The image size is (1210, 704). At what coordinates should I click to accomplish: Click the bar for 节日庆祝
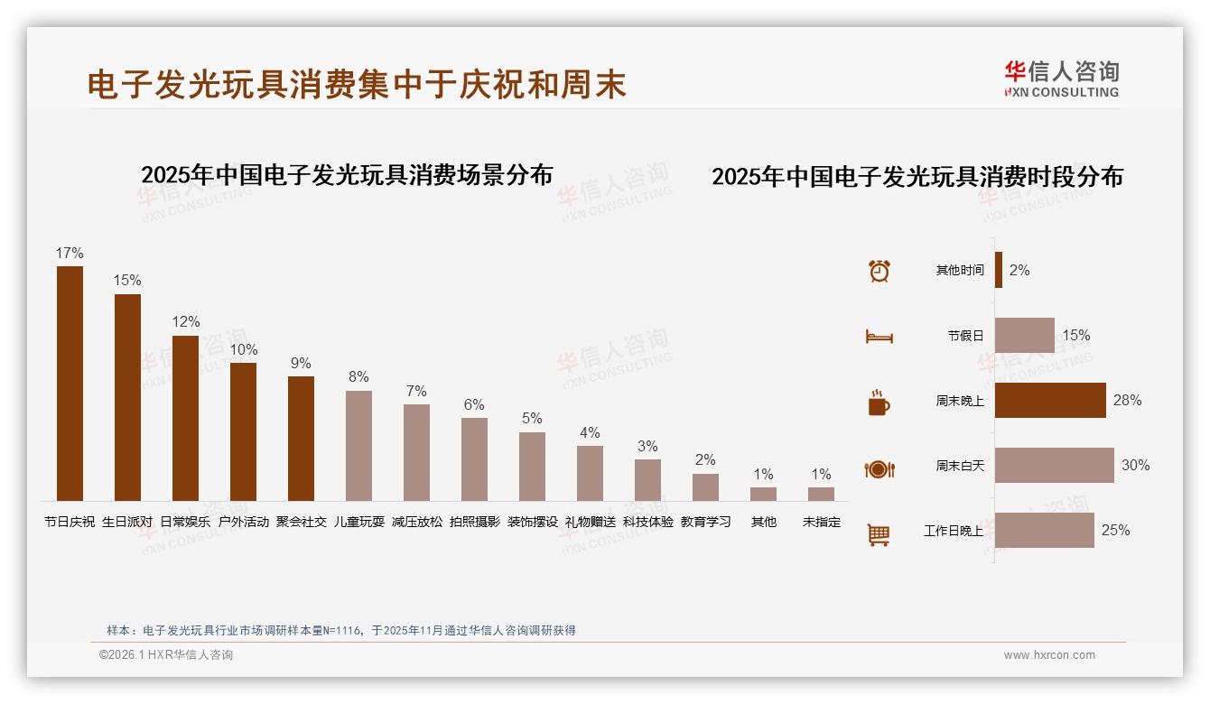tap(70, 384)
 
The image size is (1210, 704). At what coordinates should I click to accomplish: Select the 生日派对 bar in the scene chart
tap(127, 397)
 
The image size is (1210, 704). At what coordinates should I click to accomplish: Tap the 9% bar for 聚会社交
tap(301, 439)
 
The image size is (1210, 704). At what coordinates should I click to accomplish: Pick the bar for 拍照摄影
tap(474, 459)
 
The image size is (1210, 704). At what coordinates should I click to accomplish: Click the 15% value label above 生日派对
tap(127, 281)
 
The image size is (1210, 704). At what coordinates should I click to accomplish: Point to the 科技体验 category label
tap(647, 522)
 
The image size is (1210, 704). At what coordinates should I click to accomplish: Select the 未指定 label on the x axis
tap(821, 522)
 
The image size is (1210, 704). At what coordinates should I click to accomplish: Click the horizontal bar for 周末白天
tap(1054, 466)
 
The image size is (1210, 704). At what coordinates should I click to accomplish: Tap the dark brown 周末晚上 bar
tap(1050, 401)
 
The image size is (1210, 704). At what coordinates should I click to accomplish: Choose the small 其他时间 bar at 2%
tap(999, 270)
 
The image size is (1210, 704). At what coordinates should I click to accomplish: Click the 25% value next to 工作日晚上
tap(1115, 531)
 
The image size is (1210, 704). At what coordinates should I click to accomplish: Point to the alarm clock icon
tap(880, 271)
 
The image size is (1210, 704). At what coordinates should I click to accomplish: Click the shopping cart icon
tap(879, 535)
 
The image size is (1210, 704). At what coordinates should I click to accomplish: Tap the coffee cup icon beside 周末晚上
tap(879, 403)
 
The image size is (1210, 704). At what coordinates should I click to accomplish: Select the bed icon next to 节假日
tap(879, 337)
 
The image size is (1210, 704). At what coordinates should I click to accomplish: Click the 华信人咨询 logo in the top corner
tap(1061, 79)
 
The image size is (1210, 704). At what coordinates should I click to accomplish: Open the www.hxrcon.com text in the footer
tap(1049, 655)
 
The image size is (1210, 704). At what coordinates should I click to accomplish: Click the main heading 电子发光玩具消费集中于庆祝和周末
tap(357, 85)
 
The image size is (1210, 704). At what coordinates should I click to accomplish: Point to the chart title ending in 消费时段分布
tap(917, 177)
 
